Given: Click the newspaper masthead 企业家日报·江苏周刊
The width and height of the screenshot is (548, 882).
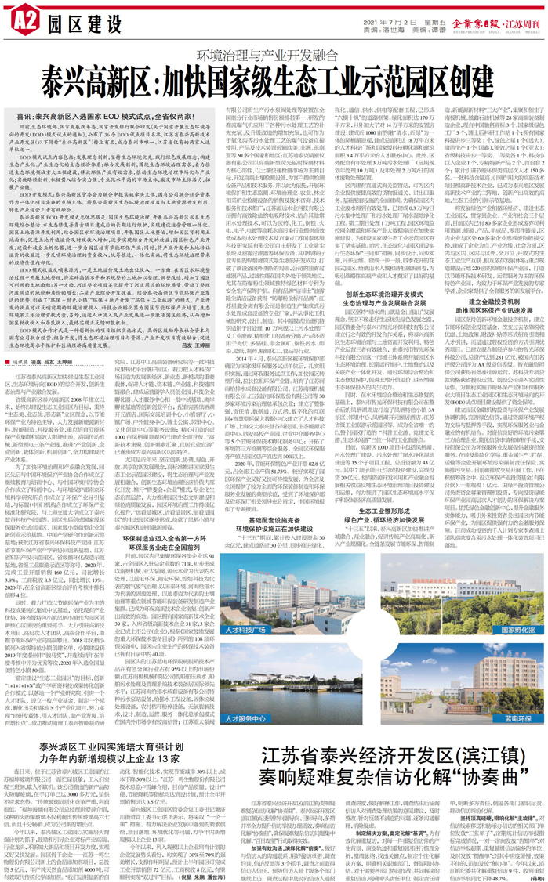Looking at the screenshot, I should (494, 16).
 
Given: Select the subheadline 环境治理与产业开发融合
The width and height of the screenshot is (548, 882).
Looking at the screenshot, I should (274, 56).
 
